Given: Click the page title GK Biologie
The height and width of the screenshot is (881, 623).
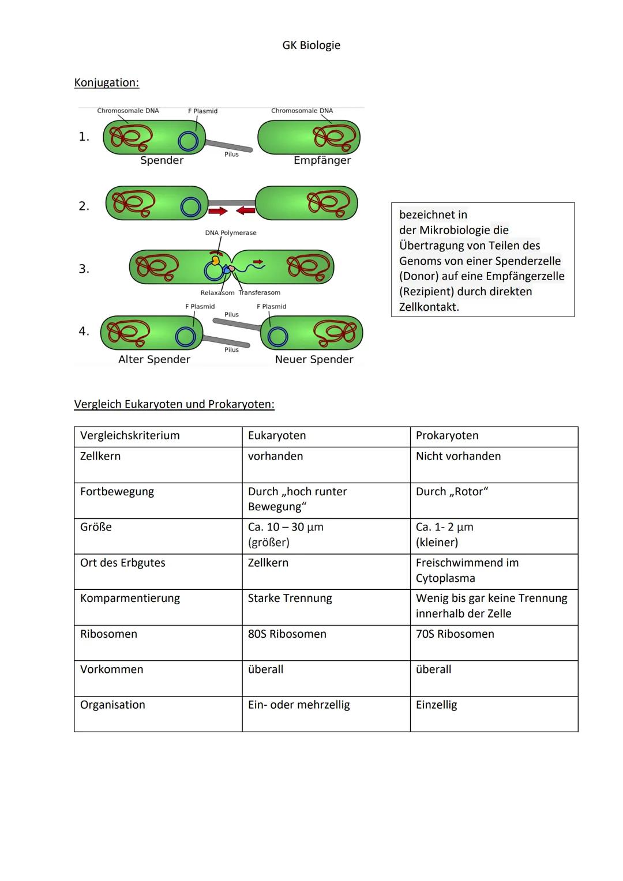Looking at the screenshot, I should pos(311,45).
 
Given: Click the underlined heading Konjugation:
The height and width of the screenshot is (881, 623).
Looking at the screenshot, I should pos(107,82).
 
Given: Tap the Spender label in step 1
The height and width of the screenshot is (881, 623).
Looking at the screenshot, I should pos(162,160).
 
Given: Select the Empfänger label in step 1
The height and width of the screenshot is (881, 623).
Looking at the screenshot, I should pos(322,160).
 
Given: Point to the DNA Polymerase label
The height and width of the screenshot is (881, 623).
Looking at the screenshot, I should pos(230,233).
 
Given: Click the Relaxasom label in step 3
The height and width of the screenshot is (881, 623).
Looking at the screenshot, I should pos(217,293).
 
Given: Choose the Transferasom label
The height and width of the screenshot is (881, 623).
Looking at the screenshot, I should pos(260,293).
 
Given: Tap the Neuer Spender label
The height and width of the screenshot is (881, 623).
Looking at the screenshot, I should pos(314,359).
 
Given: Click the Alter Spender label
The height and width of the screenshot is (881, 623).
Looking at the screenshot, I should pos(154,359).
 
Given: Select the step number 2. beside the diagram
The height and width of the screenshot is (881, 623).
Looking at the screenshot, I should pos(84,206).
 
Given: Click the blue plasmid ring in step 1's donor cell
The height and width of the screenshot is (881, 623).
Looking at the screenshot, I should pos(188,141).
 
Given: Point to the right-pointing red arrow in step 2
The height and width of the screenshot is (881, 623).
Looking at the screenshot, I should pos(217,212).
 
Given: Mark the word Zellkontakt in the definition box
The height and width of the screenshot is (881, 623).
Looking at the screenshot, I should pos(429,307).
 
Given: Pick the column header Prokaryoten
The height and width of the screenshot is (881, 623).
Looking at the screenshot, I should pos(447,435).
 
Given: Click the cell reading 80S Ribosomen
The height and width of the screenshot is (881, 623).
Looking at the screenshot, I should pos(287,634).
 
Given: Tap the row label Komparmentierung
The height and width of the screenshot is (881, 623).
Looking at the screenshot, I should pos(130,598).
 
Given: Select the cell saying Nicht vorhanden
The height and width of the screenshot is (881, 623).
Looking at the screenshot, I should pos(458,456).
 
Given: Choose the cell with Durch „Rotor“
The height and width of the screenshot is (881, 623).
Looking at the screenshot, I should pos(452,491).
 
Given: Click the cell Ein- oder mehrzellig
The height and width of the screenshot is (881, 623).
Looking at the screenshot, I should pos(299,705).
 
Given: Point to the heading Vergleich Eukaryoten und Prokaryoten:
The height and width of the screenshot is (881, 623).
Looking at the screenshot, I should pos(174,404).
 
